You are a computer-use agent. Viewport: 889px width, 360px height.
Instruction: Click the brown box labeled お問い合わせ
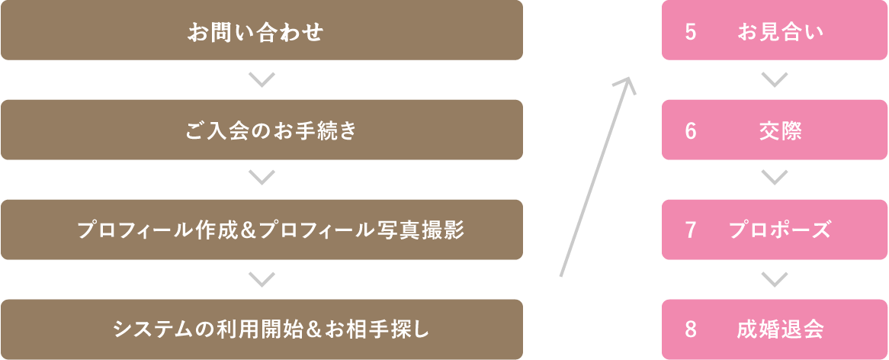pos(262,30)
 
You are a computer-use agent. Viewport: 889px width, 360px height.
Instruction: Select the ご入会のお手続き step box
pos(262,130)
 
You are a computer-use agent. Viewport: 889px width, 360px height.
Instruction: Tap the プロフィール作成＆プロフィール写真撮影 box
pos(262,230)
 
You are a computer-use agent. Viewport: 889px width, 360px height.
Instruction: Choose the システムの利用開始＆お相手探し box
pos(262,329)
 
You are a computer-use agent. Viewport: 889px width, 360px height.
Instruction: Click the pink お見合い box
pos(775,30)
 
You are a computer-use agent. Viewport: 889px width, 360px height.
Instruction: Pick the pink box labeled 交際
pos(775,130)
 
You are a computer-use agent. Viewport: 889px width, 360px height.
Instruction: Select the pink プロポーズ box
pos(775,230)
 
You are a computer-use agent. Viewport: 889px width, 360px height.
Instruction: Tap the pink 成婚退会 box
pos(775,329)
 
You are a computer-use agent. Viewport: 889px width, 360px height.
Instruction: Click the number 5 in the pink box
pos(690,32)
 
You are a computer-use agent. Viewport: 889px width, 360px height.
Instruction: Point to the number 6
pos(690,131)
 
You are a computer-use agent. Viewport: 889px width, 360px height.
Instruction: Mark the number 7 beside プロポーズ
pos(690,231)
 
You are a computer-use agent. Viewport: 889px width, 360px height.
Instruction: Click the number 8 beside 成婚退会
pos(690,330)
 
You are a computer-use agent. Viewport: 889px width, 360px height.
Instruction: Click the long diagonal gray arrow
pos(596,176)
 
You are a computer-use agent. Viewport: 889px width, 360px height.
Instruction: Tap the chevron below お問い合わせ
pos(262,80)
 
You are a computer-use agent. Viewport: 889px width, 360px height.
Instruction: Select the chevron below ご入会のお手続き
pos(262,178)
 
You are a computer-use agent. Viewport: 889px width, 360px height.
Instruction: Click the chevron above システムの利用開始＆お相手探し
pos(262,279)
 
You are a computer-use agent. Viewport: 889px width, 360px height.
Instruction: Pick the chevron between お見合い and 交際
pos(775,80)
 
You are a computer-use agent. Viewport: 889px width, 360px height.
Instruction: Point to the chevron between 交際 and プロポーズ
pos(775,178)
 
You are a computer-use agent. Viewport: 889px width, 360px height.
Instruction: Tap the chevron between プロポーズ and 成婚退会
pos(775,279)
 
